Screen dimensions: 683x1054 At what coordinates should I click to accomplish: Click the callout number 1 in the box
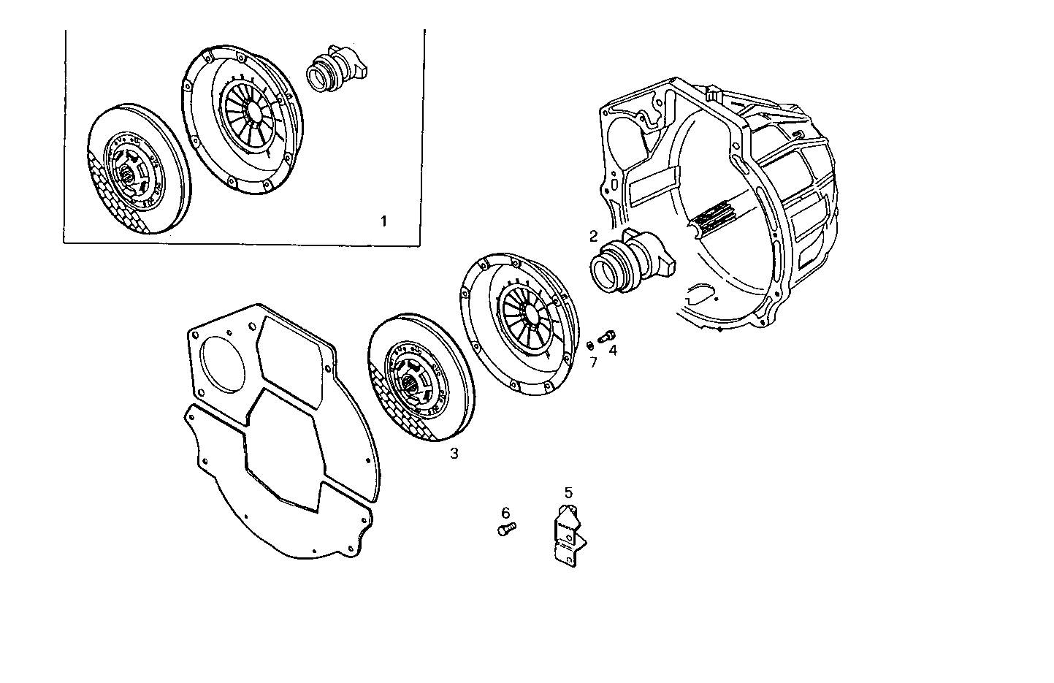(383, 221)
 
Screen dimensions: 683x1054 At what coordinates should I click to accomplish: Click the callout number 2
(593, 236)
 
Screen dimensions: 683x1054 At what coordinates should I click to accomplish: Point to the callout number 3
(454, 454)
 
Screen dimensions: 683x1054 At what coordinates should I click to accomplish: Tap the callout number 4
(613, 351)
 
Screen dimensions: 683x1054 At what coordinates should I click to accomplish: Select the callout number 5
(568, 492)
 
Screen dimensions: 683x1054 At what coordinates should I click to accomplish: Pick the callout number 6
(505, 513)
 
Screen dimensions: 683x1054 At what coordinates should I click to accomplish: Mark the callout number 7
(593, 361)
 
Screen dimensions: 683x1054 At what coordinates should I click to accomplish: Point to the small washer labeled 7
(590, 344)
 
